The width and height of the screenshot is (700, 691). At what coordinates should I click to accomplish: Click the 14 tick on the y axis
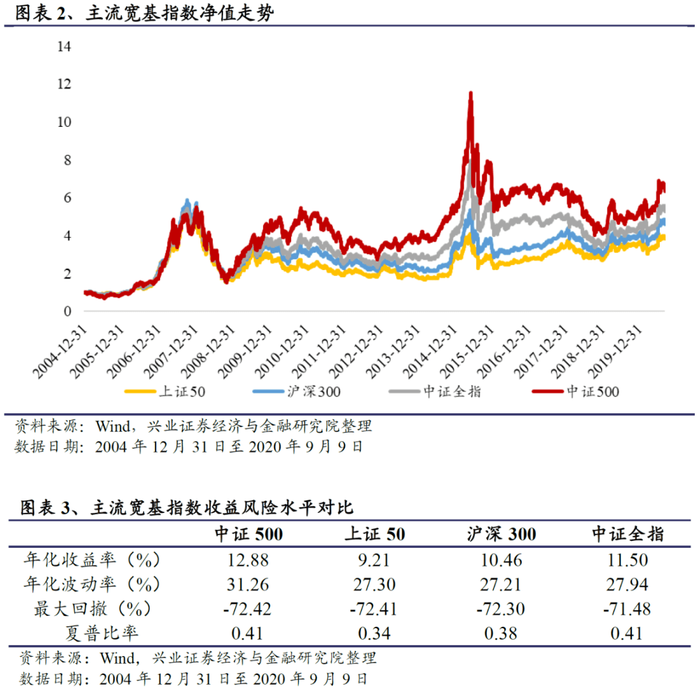pyautogui.click(x=64, y=47)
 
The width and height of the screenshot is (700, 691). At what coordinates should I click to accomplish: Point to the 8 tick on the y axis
pyautogui.click(x=67, y=160)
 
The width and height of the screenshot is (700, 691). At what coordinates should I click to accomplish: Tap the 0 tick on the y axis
pyautogui.click(x=67, y=312)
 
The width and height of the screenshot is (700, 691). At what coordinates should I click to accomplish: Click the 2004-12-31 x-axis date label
pyautogui.click(x=60, y=352)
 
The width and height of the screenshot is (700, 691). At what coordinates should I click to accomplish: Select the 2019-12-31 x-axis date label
pyautogui.click(x=614, y=352)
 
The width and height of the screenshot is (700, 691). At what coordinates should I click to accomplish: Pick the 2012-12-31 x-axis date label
pyautogui.click(x=356, y=352)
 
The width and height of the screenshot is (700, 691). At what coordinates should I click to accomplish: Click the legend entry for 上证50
pyautogui.click(x=165, y=392)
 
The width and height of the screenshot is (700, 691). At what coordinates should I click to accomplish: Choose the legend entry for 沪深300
pyautogui.click(x=296, y=392)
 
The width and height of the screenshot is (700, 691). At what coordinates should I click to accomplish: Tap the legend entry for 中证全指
pyautogui.click(x=435, y=392)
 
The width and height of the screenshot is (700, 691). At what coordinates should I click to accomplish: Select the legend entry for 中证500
pyautogui.click(x=576, y=392)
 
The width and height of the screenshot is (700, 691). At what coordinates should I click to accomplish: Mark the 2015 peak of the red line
pyautogui.click(x=471, y=93)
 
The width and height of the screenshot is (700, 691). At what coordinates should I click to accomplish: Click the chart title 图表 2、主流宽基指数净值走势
pyautogui.click(x=144, y=12)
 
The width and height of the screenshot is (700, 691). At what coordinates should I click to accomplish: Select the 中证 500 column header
pyautogui.click(x=249, y=534)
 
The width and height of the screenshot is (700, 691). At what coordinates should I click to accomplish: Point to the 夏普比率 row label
pyautogui.click(x=102, y=633)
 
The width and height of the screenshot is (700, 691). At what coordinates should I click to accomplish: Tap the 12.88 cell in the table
pyautogui.click(x=248, y=560)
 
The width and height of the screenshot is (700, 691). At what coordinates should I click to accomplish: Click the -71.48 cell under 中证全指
pyautogui.click(x=627, y=609)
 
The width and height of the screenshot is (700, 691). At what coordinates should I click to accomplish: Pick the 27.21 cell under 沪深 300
pyautogui.click(x=500, y=584)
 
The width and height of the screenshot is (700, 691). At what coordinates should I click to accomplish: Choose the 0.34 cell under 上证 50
pyautogui.click(x=374, y=633)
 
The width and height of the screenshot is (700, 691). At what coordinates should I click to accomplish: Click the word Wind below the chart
pyautogui.click(x=113, y=427)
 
